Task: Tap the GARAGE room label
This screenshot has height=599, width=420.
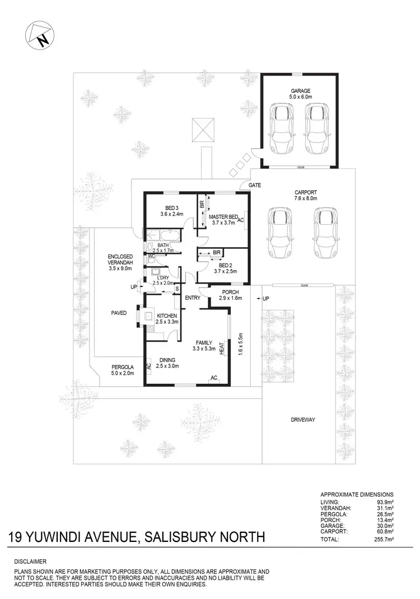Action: pos(300,91)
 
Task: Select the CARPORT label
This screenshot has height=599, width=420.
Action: pos(306,192)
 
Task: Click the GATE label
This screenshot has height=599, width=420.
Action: pos(255,185)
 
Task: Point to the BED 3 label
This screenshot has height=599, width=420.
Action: pos(171,208)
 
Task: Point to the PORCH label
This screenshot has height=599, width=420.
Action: pos(230,292)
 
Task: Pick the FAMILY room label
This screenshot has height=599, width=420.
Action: pos(204,342)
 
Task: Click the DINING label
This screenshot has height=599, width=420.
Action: pos(167,360)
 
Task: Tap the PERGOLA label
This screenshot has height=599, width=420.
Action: pos(123,367)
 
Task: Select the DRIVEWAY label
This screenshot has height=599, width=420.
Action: pos(304,419)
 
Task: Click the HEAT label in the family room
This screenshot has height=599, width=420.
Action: pos(222,348)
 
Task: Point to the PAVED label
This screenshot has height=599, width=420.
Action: pos(119,313)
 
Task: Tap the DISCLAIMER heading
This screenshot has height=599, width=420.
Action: pos(31,561)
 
